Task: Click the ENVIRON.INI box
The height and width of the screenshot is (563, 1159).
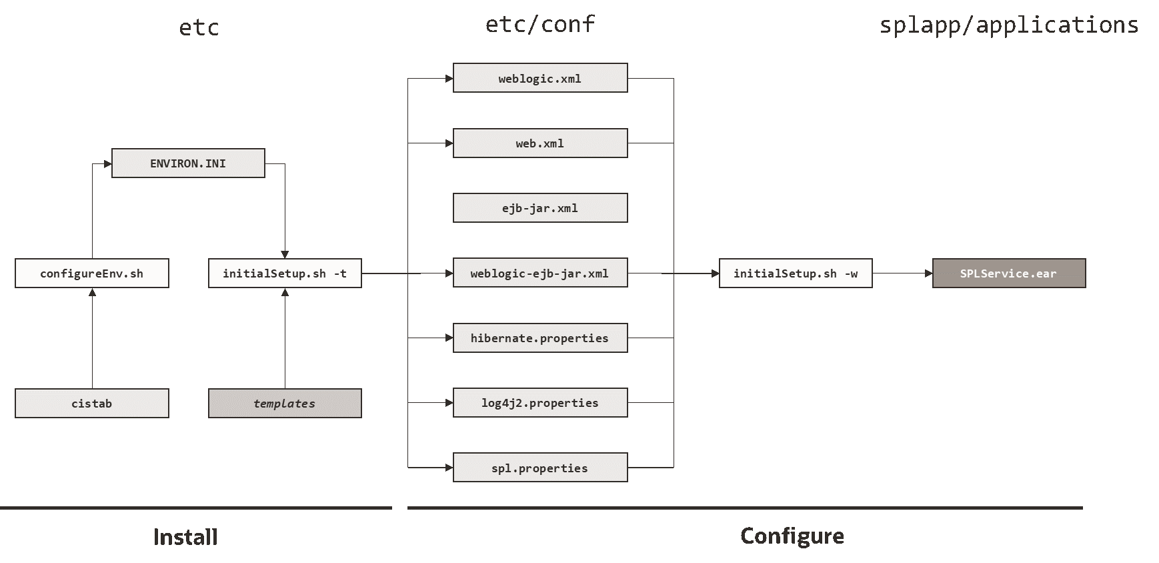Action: tap(188, 163)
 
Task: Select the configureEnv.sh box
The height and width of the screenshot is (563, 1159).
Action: tap(92, 273)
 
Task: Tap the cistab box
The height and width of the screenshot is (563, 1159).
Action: tap(92, 404)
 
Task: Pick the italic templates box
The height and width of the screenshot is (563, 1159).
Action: tap(285, 404)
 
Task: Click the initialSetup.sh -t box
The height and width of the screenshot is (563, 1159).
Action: tap(285, 273)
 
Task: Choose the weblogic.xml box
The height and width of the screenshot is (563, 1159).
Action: tap(540, 78)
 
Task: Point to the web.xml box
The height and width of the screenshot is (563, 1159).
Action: tap(540, 143)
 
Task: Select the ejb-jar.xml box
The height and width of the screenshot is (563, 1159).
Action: tap(540, 208)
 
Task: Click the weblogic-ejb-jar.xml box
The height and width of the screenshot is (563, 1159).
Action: tap(540, 273)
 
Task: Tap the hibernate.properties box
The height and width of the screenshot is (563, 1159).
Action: tap(540, 338)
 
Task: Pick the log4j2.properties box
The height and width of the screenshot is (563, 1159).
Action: tap(540, 403)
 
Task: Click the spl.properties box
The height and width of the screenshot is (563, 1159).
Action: tap(540, 468)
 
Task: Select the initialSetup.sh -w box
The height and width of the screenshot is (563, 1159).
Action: tap(796, 273)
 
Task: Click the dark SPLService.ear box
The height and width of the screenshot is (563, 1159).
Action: tap(1008, 273)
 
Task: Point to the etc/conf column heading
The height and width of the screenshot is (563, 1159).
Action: tap(540, 25)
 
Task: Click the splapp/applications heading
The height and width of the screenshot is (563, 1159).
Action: tap(1009, 25)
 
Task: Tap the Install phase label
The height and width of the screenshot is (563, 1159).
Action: tap(185, 537)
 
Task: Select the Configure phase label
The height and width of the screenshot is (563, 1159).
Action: tap(792, 536)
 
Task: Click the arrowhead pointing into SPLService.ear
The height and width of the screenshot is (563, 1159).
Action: tap(928, 273)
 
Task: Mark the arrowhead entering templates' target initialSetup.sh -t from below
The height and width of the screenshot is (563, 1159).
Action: tap(285, 292)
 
